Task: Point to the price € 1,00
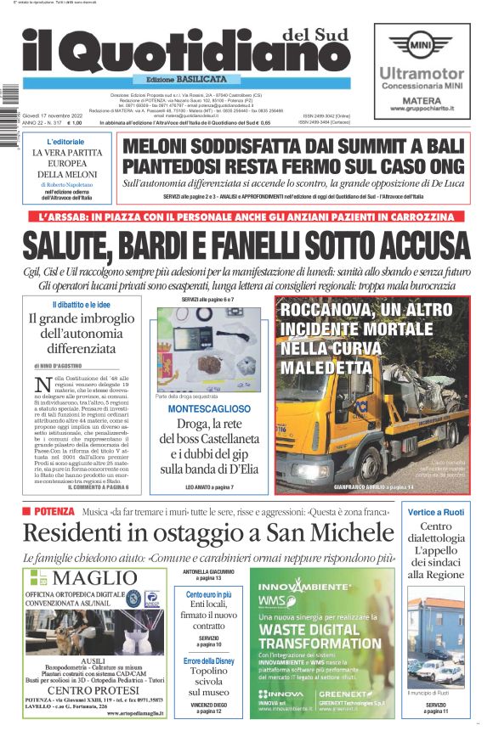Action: tap(82, 123)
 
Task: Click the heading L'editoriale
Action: tap(65, 141)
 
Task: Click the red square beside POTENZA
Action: tap(26, 512)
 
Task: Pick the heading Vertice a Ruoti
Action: tap(435, 512)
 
